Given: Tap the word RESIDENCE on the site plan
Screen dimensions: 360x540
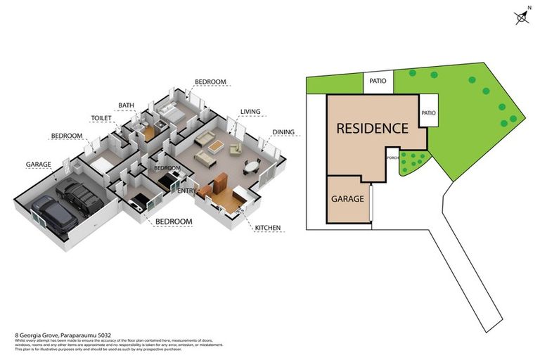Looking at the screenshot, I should (x=372, y=129).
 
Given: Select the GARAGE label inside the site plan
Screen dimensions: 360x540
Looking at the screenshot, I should (x=347, y=198).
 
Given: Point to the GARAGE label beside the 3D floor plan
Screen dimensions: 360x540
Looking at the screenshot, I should (x=39, y=165).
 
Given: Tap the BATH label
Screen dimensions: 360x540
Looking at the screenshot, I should (x=126, y=105).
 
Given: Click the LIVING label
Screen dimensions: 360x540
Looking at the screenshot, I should (x=251, y=112).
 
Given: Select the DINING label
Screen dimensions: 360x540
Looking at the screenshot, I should (x=283, y=132).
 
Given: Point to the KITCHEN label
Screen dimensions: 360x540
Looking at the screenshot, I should (x=267, y=227).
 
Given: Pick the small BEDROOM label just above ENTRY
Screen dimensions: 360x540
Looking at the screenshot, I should (x=167, y=168).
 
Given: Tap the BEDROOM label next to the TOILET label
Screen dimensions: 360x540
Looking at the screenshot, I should (x=67, y=136).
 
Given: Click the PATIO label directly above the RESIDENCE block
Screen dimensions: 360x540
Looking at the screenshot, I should (x=378, y=82).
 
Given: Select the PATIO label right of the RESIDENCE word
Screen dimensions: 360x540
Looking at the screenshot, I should (x=428, y=112).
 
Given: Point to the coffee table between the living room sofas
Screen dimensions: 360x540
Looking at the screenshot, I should (x=215, y=147).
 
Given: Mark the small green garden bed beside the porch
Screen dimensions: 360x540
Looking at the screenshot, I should (x=411, y=163).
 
